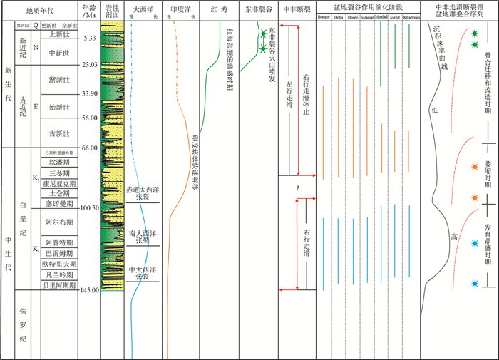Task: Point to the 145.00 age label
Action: [x=88, y=289]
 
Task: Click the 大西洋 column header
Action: [x=143, y=12]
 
